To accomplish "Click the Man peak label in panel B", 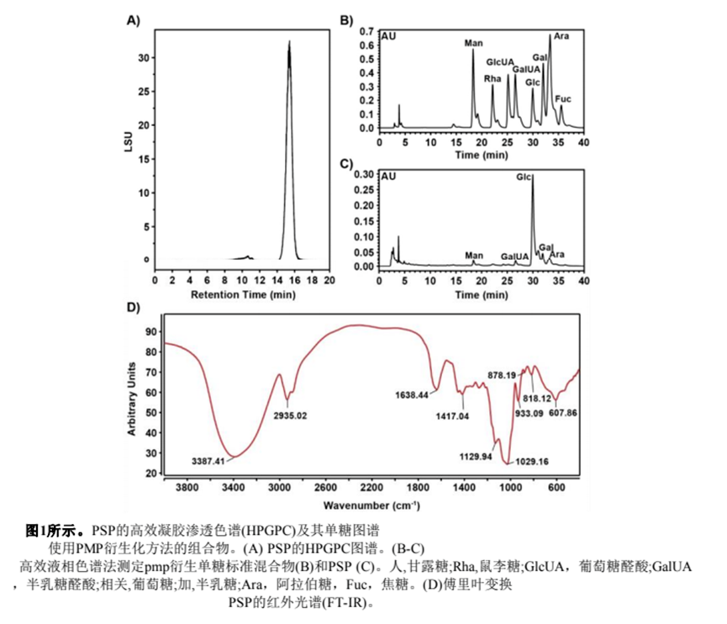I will [474, 42].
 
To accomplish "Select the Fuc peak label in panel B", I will [563, 98].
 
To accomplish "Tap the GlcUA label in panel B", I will [499, 61].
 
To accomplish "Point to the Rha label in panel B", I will [492, 78].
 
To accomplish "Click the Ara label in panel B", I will [561, 36].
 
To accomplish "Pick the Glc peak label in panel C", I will [524, 177].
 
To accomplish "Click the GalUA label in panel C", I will [514, 255].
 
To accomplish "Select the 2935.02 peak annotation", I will [292, 415].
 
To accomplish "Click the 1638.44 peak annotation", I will [412, 394].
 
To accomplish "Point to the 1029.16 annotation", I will [532, 461].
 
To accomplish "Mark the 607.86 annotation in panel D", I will [568, 412].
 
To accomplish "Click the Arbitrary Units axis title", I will [133, 398].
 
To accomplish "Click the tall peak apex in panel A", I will [289, 41].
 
